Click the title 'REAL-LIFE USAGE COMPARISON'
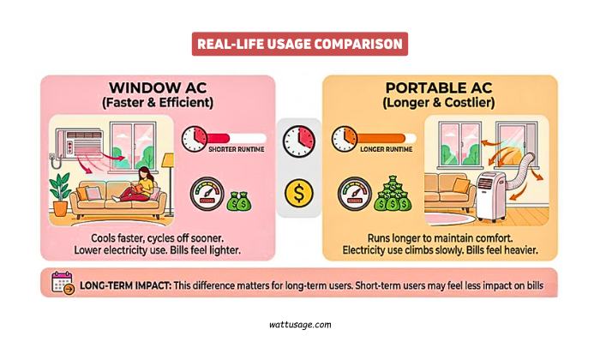[299, 44]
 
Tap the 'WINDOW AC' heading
[159, 89]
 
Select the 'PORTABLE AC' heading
[441, 89]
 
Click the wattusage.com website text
[299, 325]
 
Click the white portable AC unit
[491, 193]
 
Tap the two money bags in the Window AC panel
[237, 202]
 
